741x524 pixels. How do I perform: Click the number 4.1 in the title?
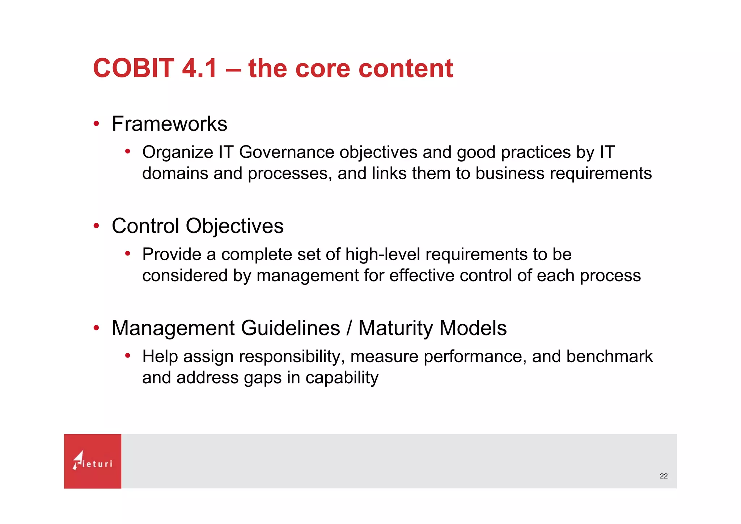pos(199,68)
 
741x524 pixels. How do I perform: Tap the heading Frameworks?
pos(169,124)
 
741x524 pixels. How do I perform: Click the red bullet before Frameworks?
pos(96,124)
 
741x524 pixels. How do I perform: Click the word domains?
pos(175,173)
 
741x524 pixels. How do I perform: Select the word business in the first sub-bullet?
pos(509,173)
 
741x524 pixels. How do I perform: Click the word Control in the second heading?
pos(145,226)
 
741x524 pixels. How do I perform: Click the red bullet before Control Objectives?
pos(96,226)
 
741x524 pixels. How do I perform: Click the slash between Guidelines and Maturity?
pos(349,328)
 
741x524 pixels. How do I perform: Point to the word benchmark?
pos(609,356)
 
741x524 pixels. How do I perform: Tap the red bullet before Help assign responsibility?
pos(128,356)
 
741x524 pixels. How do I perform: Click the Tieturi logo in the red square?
pos(93,461)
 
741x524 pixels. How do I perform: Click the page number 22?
pos(664,476)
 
